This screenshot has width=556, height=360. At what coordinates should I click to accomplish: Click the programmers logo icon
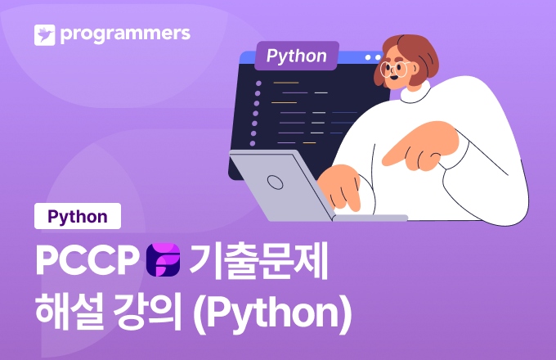(x=44, y=34)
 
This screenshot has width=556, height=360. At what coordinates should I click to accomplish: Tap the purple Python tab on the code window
(x=296, y=56)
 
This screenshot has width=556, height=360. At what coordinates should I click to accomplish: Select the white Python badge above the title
(x=78, y=217)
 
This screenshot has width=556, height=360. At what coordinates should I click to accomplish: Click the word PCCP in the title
(x=85, y=259)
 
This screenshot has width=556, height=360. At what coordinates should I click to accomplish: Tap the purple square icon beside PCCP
(x=162, y=259)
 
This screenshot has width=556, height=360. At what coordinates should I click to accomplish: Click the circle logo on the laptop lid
(x=276, y=182)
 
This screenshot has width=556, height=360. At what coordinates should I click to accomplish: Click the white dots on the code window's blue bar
(x=372, y=58)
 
